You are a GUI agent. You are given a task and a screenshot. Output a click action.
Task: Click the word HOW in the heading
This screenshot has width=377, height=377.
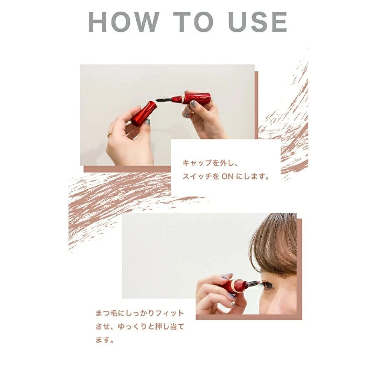click(x=124, y=22)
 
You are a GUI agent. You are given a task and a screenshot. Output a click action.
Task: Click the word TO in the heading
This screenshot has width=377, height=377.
click(x=193, y=22)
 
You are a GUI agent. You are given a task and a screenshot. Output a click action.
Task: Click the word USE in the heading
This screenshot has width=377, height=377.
click(x=257, y=22)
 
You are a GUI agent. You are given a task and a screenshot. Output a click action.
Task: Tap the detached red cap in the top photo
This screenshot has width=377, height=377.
click(x=144, y=114)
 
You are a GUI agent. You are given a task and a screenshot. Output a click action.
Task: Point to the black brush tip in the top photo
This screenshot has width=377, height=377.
click(x=164, y=99)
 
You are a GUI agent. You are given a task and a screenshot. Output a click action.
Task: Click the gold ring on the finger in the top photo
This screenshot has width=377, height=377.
click(x=110, y=135)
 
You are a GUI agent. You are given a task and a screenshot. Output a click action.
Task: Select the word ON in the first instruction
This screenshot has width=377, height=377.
click(x=227, y=177)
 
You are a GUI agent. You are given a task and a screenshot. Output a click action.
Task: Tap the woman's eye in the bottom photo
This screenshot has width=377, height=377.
click(x=268, y=285)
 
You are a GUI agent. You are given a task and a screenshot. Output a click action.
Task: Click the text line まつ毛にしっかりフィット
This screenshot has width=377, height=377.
click(x=139, y=313)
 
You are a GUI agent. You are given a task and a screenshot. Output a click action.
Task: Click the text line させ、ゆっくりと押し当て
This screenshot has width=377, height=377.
click(x=139, y=326)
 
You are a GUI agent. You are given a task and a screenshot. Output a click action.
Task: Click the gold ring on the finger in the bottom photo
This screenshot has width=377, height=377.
click(x=199, y=296)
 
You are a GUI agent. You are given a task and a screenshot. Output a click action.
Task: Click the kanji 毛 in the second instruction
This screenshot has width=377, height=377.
click(x=114, y=313)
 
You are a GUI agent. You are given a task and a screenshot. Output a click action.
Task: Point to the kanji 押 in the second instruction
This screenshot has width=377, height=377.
click(x=158, y=326)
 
